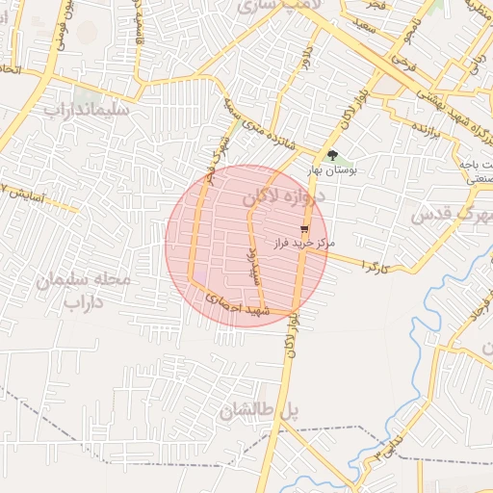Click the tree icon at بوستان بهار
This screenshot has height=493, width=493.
[332, 155]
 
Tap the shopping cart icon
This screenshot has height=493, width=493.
[305, 229]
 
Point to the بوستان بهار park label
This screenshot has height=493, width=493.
[332, 169]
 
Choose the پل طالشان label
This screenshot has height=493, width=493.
[260, 412]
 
